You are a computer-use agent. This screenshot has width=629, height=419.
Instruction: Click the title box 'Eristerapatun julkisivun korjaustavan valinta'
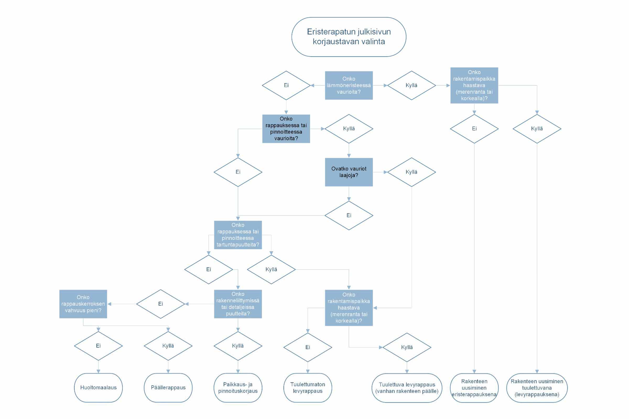tap(349, 37)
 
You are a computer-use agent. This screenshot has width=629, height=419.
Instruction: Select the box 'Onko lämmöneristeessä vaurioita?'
tap(349, 85)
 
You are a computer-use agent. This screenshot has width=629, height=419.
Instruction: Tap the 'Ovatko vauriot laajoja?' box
tap(349, 172)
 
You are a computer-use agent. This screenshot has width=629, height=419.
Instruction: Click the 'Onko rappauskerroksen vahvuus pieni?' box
tap(83, 304)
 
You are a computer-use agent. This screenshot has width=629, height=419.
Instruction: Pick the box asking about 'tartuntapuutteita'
tap(238, 235)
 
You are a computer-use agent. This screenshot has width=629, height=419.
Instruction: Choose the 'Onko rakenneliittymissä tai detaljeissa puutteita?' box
tap(238, 304)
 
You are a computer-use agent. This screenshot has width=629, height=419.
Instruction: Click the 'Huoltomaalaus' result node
tap(99, 388)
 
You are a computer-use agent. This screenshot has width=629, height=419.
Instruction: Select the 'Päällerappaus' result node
tap(168, 388)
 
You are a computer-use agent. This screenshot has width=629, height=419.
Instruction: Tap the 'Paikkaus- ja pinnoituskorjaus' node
tap(238, 388)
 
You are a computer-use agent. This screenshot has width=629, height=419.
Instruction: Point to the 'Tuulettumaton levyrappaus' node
tap(307, 388)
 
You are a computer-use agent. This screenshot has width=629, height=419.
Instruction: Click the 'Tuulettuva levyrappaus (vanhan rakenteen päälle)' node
tap(407, 388)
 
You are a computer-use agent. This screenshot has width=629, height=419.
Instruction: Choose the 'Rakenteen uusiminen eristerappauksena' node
tap(474, 388)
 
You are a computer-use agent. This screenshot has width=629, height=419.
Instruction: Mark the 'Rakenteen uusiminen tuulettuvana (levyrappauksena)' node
tap(537, 388)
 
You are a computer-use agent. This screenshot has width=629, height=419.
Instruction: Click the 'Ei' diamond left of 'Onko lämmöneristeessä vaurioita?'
tap(286, 85)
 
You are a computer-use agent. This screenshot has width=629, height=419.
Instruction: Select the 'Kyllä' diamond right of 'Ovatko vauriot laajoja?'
tap(411, 172)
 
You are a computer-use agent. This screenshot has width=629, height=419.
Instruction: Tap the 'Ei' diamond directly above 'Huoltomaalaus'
tap(99, 346)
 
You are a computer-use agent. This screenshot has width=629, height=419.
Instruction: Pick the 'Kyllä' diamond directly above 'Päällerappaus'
tap(168, 346)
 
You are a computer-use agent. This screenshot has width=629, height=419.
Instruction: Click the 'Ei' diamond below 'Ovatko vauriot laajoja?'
tap(349, 215)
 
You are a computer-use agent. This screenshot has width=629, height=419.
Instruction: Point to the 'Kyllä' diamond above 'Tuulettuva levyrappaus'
tap(407, 348)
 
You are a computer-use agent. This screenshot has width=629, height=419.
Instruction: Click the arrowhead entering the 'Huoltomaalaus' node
tap(99, 371)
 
